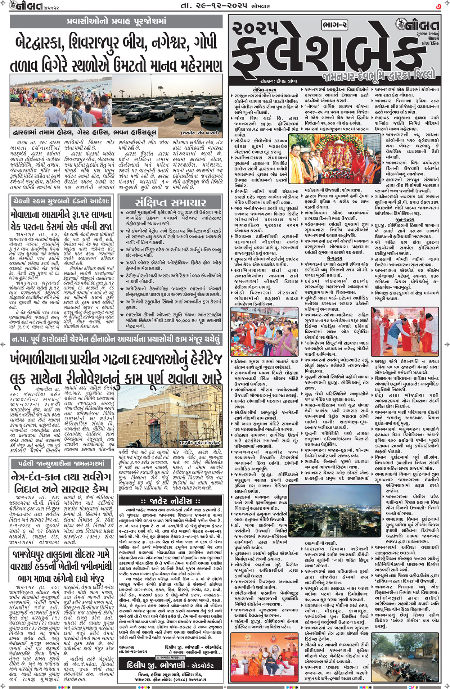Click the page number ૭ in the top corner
[x=438, y=6]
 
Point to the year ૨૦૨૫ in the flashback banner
[x=256, y=28]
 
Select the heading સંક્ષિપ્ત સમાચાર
[x=171, y=202]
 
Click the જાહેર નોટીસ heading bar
[x=171, y=501]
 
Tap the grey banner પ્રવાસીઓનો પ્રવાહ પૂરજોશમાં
[x=116, y=21]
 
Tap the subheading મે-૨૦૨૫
[x=334, y=258]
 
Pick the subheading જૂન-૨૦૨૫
[x=405, y=219]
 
